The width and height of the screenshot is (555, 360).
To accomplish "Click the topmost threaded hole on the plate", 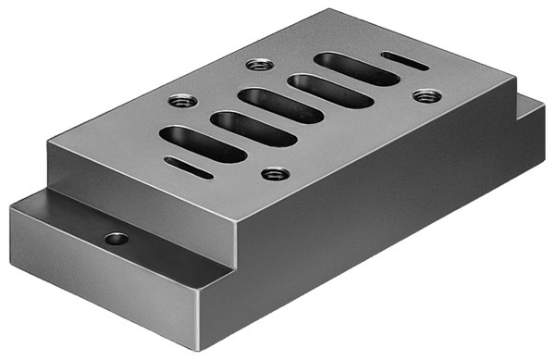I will [258, 66].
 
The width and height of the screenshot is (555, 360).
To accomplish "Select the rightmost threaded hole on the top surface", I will [425, 95].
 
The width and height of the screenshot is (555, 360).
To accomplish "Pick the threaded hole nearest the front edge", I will [271, 173].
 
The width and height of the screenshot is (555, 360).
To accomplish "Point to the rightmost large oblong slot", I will [355, 69].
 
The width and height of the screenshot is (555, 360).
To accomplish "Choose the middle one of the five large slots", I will [279, 106].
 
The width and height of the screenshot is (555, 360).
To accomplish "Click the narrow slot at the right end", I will [404, 61].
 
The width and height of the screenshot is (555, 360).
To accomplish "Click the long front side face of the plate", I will [388, 231].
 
